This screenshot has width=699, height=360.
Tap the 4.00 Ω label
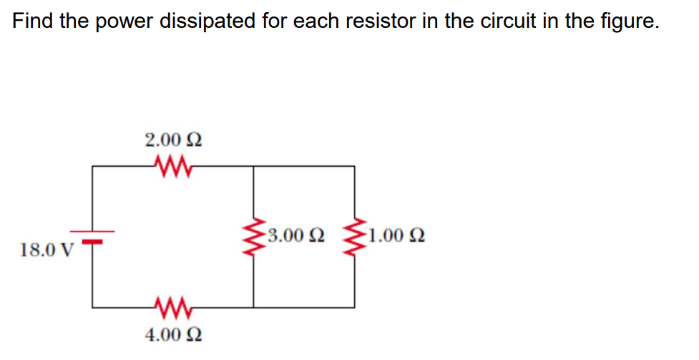172,335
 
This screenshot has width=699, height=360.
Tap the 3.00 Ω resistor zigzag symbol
254,236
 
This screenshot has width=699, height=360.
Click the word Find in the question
34,21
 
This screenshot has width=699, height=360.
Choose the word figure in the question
626,22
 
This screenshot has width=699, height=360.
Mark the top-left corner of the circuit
93,167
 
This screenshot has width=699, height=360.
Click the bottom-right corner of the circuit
354,308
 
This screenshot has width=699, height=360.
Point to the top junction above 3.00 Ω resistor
254,167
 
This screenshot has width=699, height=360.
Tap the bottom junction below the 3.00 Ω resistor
254,308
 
